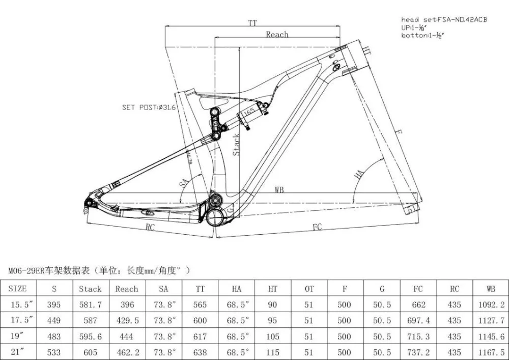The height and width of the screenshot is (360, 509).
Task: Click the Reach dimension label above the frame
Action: click(277, 35)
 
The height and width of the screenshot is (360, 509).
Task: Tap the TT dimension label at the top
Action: click(252, 23)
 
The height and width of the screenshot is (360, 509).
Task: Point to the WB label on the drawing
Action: click(279, 190)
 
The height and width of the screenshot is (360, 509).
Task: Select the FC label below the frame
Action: click(317, 227)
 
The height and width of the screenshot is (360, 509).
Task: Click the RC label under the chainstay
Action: click(150, 227)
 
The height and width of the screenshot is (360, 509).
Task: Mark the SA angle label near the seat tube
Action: click(184, 183)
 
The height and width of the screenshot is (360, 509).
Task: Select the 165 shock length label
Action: click(249, 111)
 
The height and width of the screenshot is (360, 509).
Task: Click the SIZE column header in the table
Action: click(18, 289)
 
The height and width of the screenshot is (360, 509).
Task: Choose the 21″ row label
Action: click(18, 352)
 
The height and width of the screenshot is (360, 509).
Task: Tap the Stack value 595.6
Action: click(90, 337)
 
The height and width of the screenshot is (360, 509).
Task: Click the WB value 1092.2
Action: click(491, 304)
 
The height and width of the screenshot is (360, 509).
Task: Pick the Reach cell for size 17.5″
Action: click(127, 321)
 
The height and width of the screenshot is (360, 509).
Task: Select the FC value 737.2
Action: click(417, 352)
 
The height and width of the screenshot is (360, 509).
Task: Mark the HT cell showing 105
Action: click(273, 337)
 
